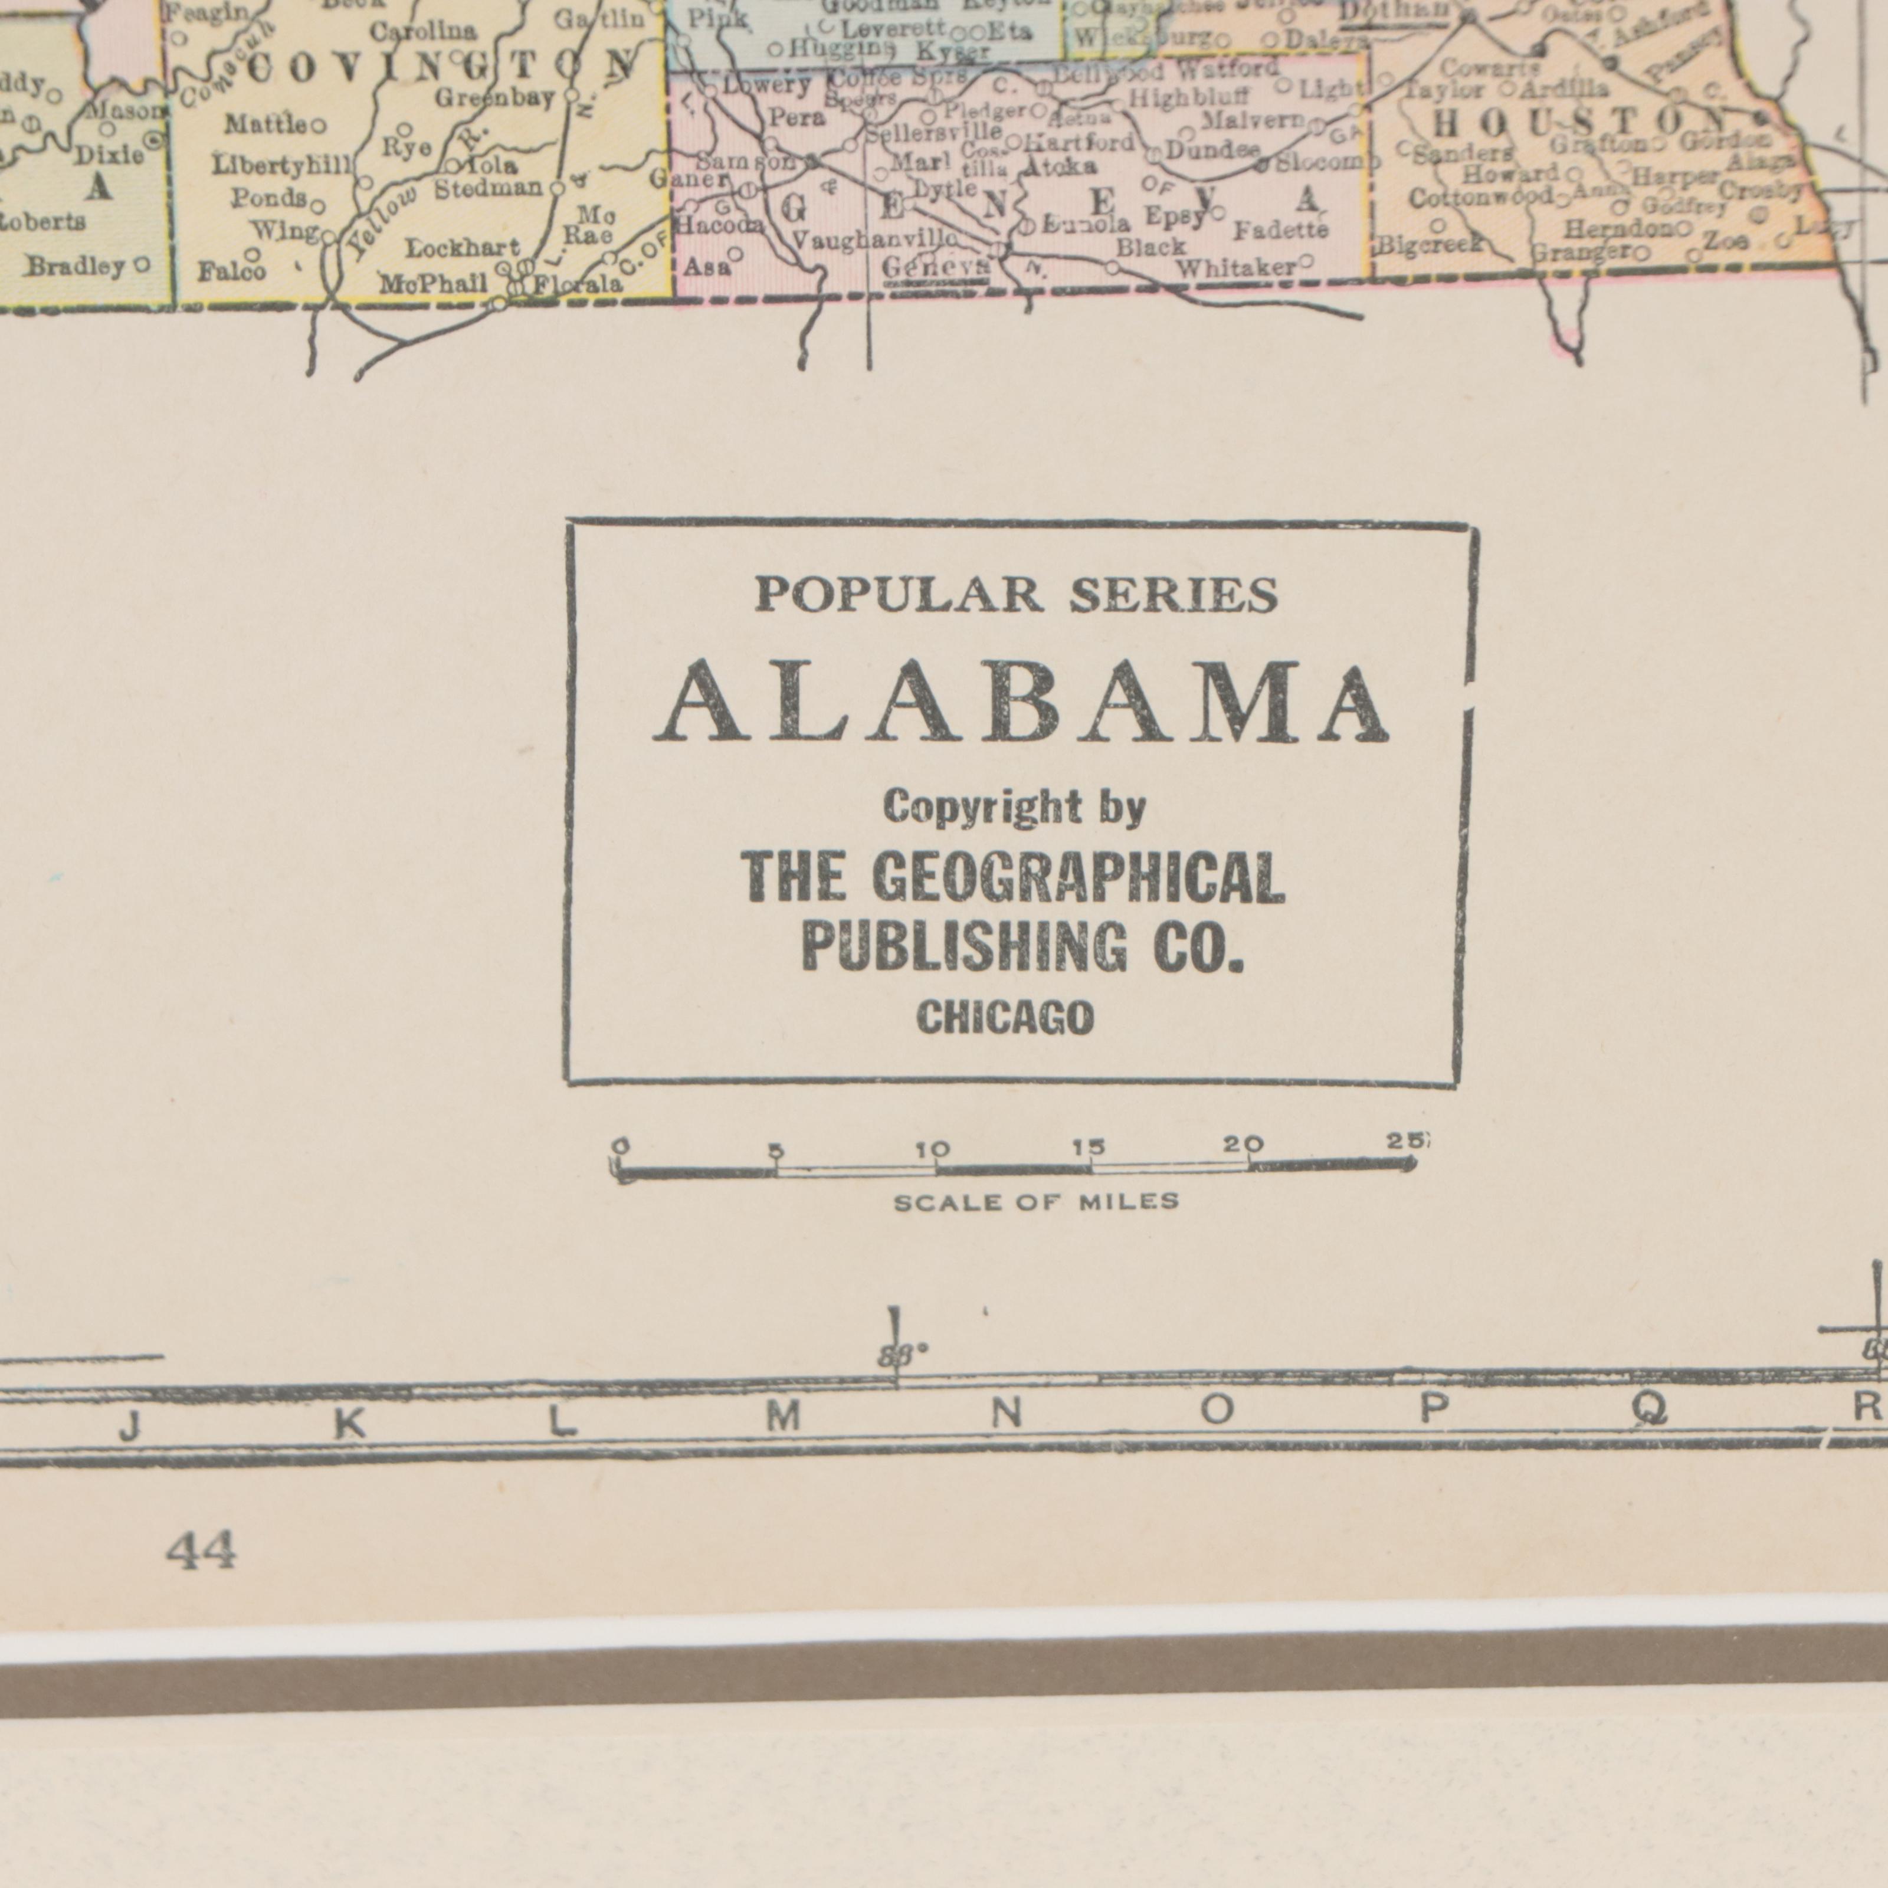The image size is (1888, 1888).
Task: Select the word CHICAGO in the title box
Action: point(1005,1020)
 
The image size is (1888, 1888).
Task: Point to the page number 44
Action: point(201,1551)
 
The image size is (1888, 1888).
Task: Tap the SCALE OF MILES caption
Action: point(1036,1202)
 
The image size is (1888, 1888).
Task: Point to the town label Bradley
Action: point(76,266)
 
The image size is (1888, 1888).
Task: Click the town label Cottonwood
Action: point(1480,198)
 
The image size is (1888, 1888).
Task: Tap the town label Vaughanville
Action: point(873,240)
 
